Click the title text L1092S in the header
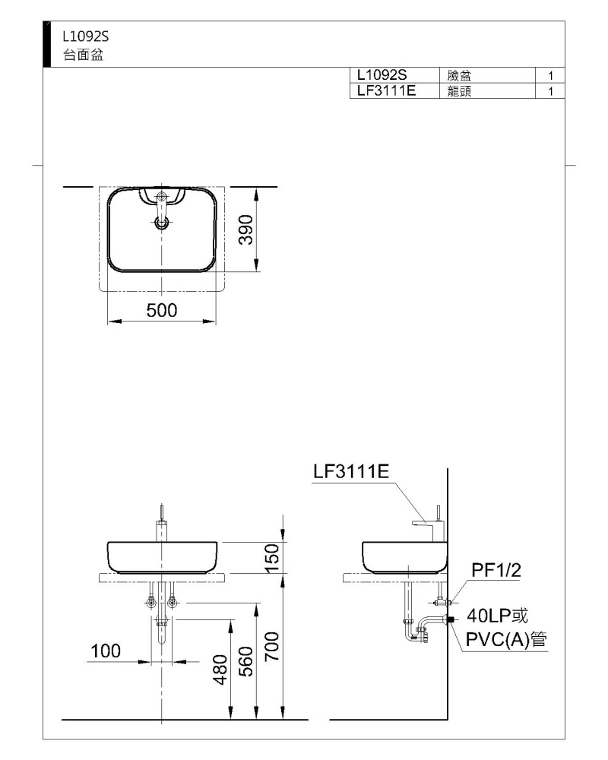tap(85, 36)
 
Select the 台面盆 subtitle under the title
tap(83, 55)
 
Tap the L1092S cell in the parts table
tap(382, 75)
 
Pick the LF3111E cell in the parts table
tap(386, 90)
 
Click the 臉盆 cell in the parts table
tap(459, 75)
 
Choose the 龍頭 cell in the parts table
tap(459, 91)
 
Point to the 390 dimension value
tap(246, 230)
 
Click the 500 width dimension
tap(162, 310)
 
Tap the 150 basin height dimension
tap(273, 558)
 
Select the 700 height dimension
tap(273, 647)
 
